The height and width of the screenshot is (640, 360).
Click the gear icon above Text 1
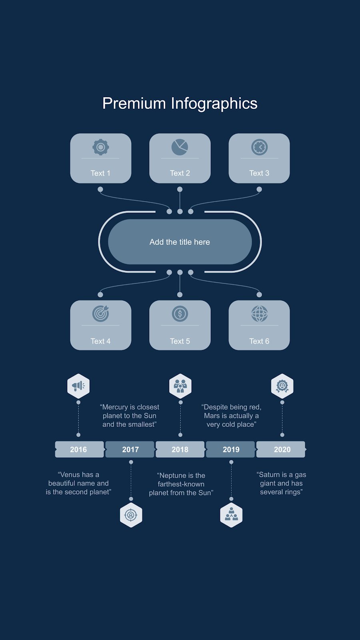click(100, 147)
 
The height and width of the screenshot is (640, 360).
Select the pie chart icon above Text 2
click(180, 147)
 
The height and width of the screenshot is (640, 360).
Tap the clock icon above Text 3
click(260, 147)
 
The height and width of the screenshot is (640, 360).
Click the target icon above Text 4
click(100, 314)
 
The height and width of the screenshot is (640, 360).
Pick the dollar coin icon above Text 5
click(180, 314)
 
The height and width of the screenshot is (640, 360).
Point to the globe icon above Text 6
click(260, 314)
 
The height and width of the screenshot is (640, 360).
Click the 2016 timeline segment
click(79, 450)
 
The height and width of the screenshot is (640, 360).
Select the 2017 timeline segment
click(130, 450)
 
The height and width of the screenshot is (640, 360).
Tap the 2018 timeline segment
click(180, 450)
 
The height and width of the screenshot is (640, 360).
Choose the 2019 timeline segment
click(230, 450)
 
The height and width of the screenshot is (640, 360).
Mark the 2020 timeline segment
click(281, 450)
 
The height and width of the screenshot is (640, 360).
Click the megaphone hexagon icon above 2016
click(78, 386)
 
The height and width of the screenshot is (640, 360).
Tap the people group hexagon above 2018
click(180, 386)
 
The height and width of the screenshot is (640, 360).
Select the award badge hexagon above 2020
click(282, 386)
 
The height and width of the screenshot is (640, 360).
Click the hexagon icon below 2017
click(131, 515)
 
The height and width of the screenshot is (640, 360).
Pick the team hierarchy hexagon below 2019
click(232, 515)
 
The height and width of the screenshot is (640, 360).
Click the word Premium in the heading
click(134, 104)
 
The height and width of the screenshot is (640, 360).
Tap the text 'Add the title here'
click(180, 242)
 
